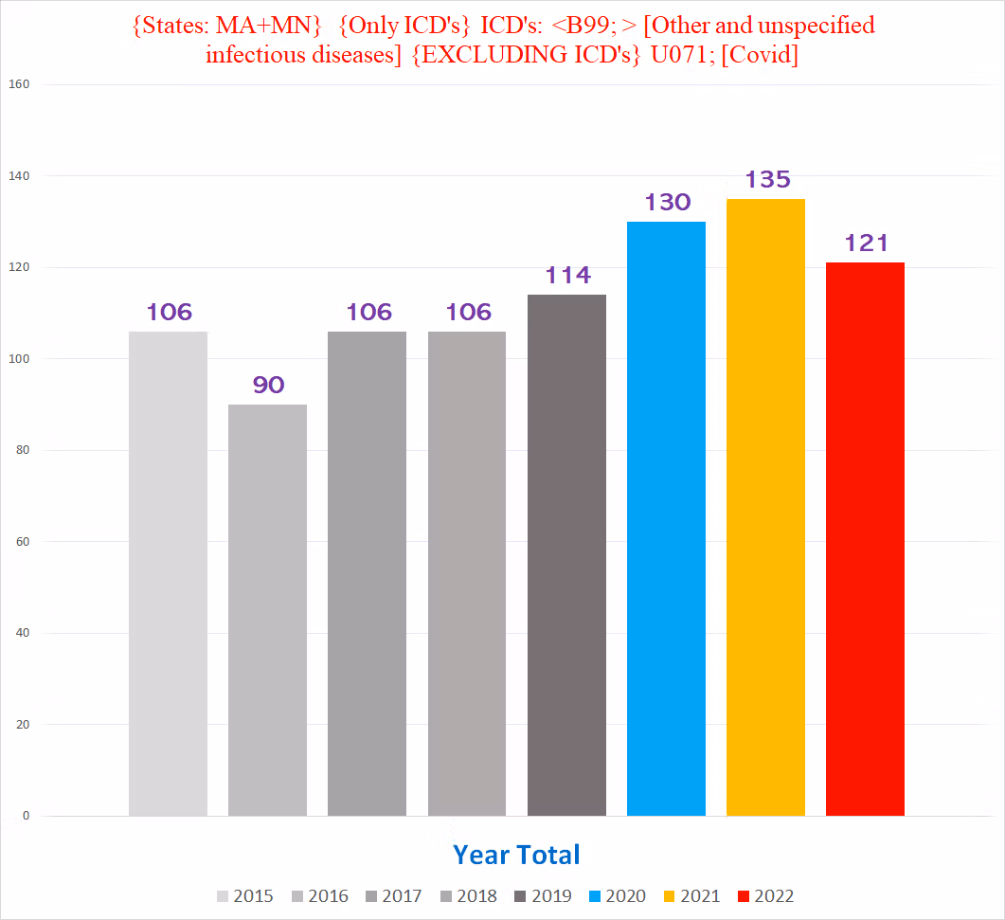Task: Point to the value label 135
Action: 767,179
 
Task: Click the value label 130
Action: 668,202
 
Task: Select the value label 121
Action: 866,243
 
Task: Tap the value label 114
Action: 567,275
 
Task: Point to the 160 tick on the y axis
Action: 19,84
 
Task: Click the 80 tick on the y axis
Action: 23,450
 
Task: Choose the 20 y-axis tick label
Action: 23,725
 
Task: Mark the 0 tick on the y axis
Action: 27,816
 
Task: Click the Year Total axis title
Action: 516,855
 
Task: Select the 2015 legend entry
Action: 245,896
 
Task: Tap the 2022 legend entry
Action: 765,896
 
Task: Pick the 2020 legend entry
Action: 617,896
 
